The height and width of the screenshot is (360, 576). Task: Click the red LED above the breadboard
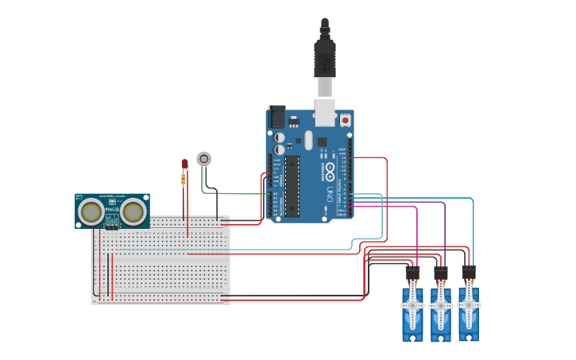click(184, 164)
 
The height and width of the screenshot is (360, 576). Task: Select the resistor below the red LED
click(184, 180)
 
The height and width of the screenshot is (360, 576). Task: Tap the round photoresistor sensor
click(204, 158)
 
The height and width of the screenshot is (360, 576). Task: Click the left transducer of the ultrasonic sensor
click(94, 211)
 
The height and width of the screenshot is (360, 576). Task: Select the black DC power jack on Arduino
click(276, 116)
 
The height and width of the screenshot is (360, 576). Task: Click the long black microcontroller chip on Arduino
click(292, 186)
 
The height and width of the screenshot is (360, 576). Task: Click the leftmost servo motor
click(412, 310)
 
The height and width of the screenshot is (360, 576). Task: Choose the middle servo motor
click(440, 310)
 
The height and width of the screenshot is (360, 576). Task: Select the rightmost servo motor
click(468, 310)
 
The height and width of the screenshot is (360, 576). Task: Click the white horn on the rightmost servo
click(468, 304)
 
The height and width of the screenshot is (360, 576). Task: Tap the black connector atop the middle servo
click(440, 273)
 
